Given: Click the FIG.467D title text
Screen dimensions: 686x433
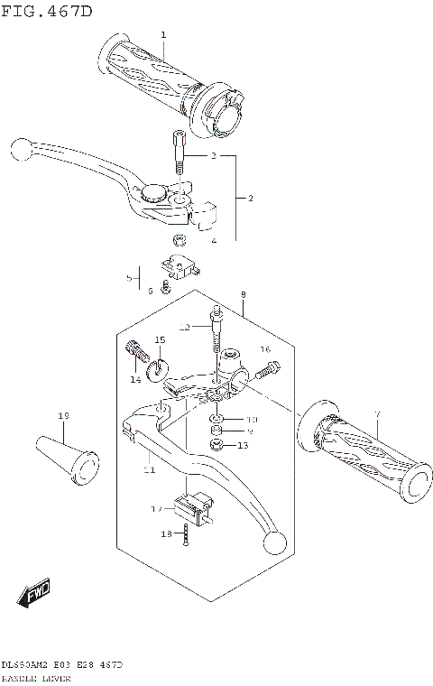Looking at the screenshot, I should (x=46, y=10).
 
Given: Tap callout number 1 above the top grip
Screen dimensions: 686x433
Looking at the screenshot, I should (x=163, y=34).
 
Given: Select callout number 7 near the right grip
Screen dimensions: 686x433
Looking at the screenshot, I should (x=378, y=414).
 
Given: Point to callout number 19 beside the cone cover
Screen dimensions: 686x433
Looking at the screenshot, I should (x=63, y=415).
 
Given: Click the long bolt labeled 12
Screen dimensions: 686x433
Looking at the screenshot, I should (x=216, y=330).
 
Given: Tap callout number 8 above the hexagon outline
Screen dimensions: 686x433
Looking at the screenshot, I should (x=242, y=295).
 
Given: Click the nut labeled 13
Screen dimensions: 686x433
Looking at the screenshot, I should (x=216, y=445).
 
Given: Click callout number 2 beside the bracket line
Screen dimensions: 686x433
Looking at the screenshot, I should (x=250, y=197).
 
